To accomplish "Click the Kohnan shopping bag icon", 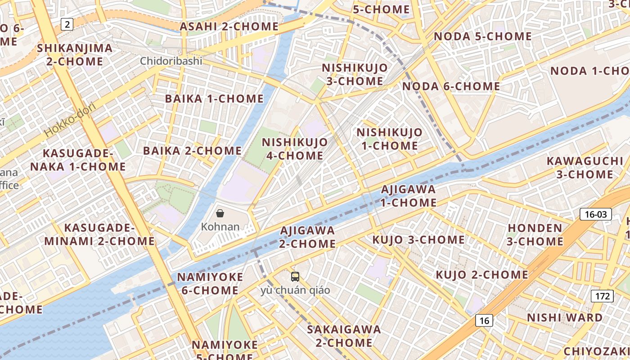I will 220,213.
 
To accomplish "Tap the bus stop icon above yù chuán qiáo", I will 295,277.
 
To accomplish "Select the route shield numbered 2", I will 67,24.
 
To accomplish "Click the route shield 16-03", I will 595,214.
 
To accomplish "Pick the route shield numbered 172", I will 602,296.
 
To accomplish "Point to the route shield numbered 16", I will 484,320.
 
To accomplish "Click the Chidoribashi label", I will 171,61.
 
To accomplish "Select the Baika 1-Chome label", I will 214,99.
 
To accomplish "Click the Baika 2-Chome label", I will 192,151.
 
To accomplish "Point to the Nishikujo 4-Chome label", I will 295,149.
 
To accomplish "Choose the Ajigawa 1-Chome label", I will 409,196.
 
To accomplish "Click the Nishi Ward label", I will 565,318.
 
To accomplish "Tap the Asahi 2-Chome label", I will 229,27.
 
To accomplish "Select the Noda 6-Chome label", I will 451,86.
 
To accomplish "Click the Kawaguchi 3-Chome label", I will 585,167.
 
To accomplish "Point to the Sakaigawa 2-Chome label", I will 344,336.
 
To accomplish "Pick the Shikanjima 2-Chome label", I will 75,54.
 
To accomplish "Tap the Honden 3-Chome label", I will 535,234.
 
